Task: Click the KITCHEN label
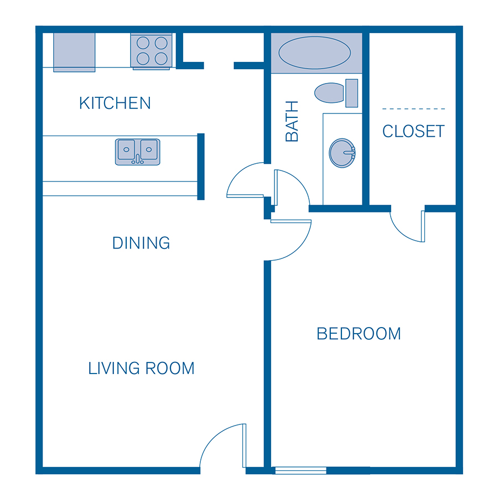click(x=115, y=103)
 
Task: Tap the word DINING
click(x=141, y=243)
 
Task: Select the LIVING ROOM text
click(x=142, y=368)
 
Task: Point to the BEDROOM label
click(x=359, y=334)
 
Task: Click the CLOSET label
click(x=413, y=131)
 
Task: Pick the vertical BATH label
click(x=292, y=121)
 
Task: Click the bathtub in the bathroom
click(x=314, y=53)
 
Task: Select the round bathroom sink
click(x=342, y=153)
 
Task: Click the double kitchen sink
click(x=138, y=152)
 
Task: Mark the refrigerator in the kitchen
click(x=74, y=52)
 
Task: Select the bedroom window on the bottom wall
click(x=300, y=471)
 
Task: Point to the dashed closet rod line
click(x=413, y=108)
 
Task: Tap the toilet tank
click(x=351, y=92)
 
